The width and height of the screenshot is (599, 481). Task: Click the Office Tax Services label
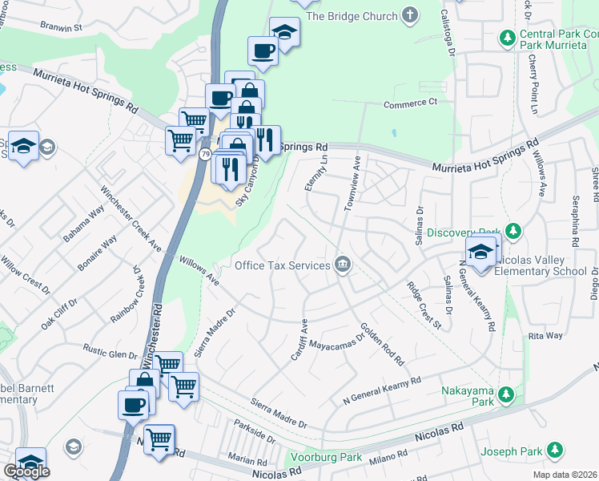point(283,265)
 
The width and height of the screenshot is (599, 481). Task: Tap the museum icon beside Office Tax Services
point(343,265)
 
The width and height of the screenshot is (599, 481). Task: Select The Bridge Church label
point(352,16)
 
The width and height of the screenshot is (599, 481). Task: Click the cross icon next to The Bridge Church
point(411,15)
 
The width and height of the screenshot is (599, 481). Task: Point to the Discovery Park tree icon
point(513,232)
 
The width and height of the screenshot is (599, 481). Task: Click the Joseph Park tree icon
point(554,451)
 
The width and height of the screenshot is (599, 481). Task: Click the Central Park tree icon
point(507,37)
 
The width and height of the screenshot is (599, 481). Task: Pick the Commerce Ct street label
point(410,103)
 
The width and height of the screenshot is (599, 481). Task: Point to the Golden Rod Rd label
point(383,341)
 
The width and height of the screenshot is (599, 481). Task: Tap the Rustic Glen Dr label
point(111,353)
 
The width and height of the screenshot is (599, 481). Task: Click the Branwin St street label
point(62,26)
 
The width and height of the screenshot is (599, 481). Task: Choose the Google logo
point(26,472)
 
